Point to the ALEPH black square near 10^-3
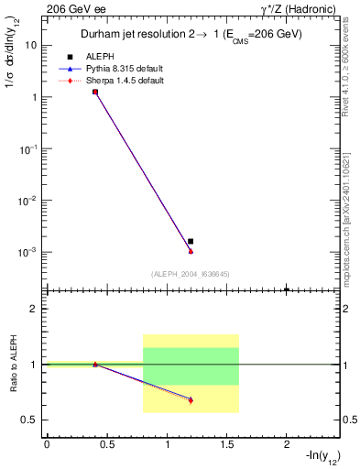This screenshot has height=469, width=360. [x=191, y=241]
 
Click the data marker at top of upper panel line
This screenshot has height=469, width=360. [x=95, y=92]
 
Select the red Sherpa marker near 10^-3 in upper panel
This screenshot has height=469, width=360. [x=191, y=251]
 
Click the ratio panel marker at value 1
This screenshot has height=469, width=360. [x=95, y=365]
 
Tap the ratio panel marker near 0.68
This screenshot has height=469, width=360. [x=191, y=400]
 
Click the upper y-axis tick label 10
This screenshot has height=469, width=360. [x=31, y=44]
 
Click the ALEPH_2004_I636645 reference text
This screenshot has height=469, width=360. [x=191, y=274]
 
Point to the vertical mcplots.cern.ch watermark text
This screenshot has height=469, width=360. [x=350, y=211]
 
